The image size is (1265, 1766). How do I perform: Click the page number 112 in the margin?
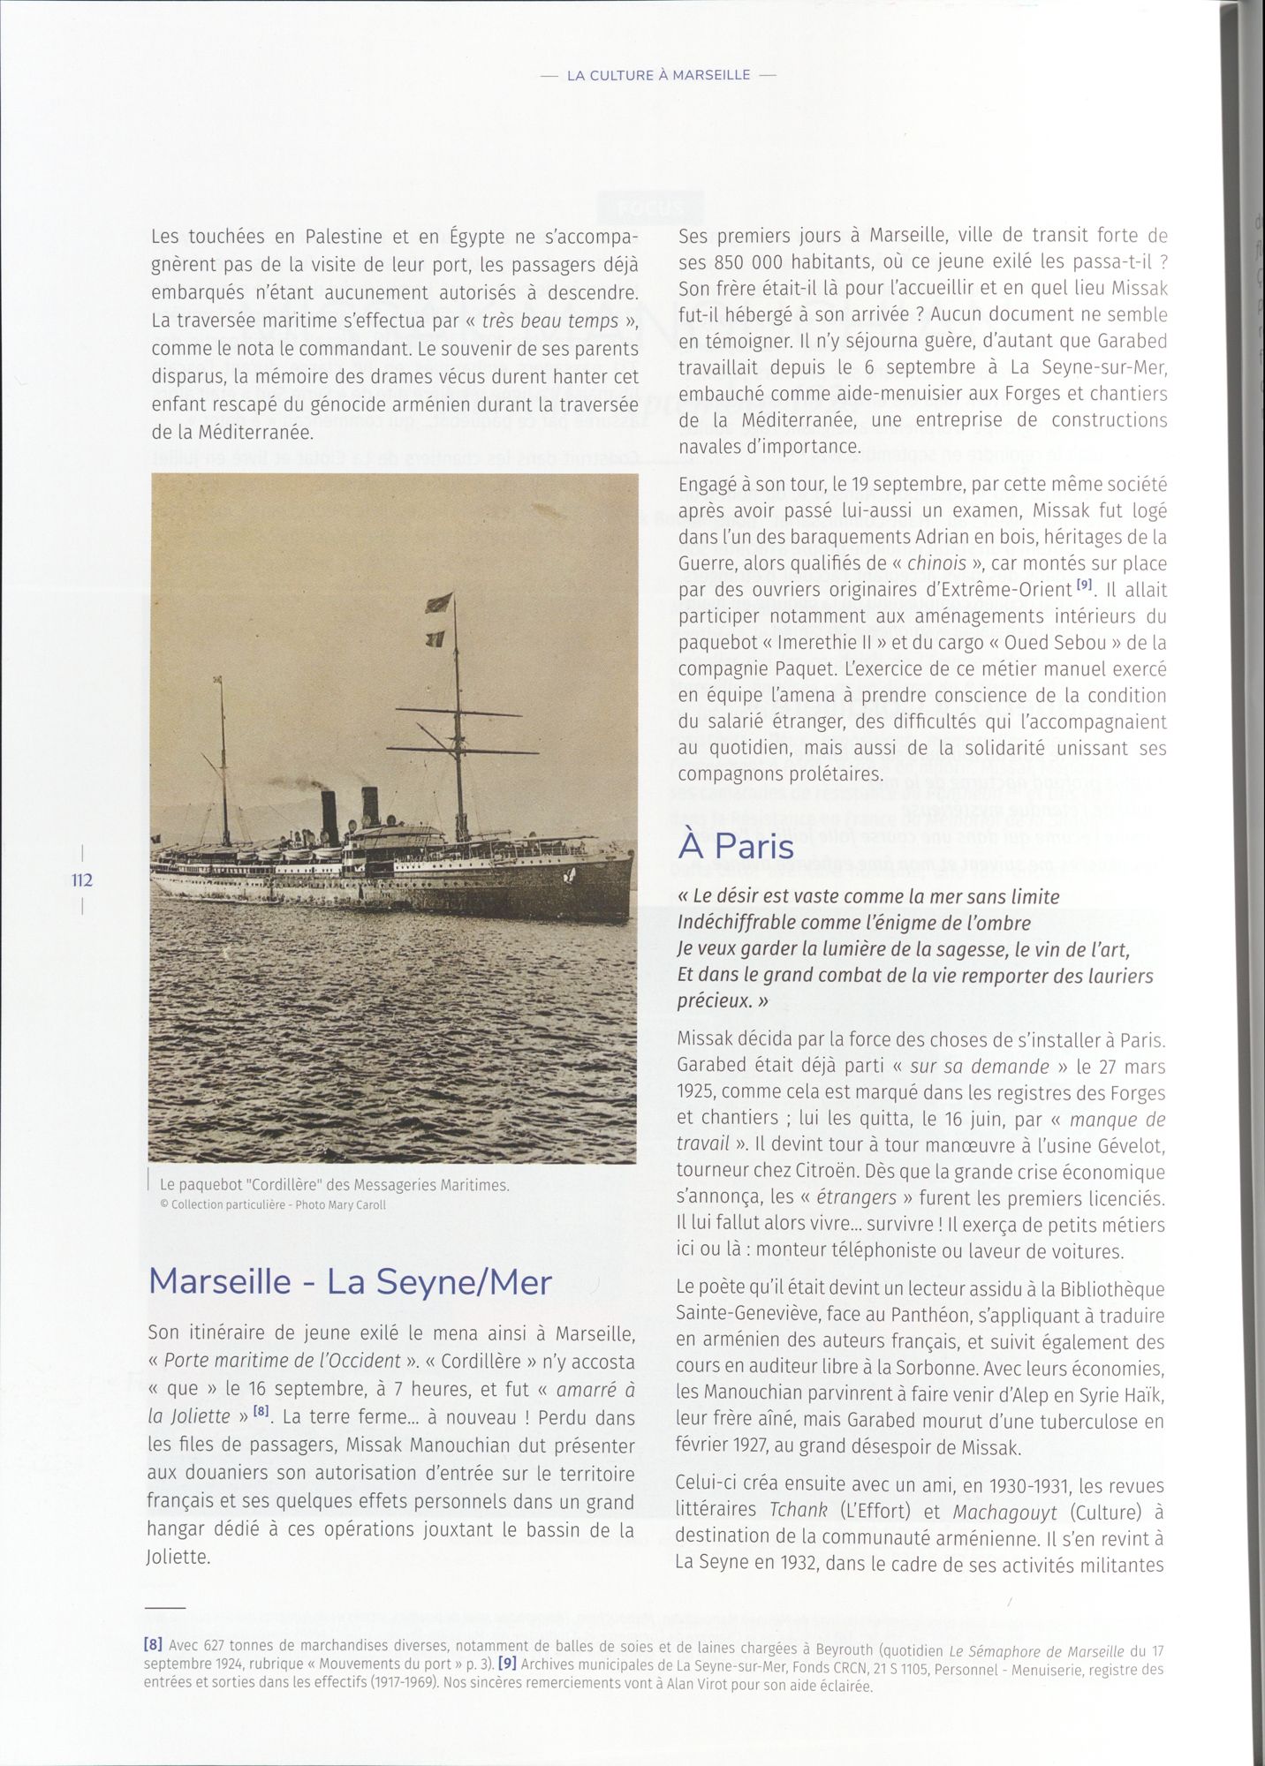pyautogui.click(x=82, y=879)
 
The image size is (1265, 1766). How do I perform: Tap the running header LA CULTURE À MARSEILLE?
pyautogui.click(x=658, y=75)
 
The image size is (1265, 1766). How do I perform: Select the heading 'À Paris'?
pyautogui.click(x=736, y=846)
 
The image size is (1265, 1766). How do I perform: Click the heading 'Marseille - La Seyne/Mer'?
pyautogui.click(x=350, y=1281)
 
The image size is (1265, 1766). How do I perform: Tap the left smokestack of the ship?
pyautogui.click(x=330, y=816)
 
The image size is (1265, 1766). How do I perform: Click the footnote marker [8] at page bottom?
pyautogui.click(x=152, y=1645)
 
